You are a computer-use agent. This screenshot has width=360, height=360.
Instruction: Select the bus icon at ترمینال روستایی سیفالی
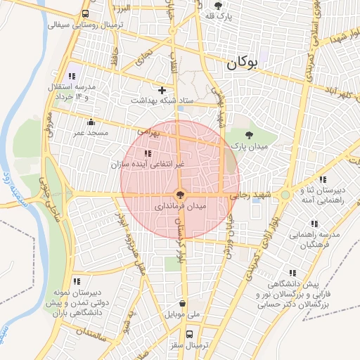click(85, 13)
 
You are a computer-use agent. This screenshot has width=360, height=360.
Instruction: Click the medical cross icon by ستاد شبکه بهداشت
click(162, 90)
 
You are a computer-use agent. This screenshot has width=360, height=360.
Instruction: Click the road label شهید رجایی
click(252, 196)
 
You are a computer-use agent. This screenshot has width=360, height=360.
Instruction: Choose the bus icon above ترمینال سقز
click(188, 333)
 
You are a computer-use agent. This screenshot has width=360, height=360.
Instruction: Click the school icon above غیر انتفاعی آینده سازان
click(147, 153)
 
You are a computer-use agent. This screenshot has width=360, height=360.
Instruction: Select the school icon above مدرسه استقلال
click(71, 76)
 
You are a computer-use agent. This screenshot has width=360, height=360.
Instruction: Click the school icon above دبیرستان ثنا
click(323, 179)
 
